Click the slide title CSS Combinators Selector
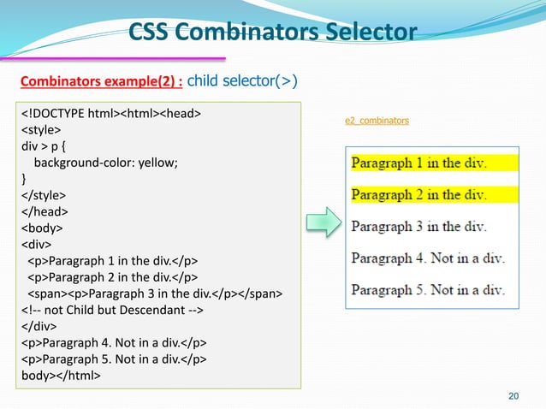272,33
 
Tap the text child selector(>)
242,82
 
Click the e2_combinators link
377,122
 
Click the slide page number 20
513,394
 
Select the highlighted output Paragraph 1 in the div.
418,163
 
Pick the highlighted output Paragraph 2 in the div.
418,195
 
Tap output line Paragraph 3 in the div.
418,227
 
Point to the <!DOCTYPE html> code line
111,114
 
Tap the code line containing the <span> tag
150,294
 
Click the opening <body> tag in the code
42,228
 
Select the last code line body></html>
61,376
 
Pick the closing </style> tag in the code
43,196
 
